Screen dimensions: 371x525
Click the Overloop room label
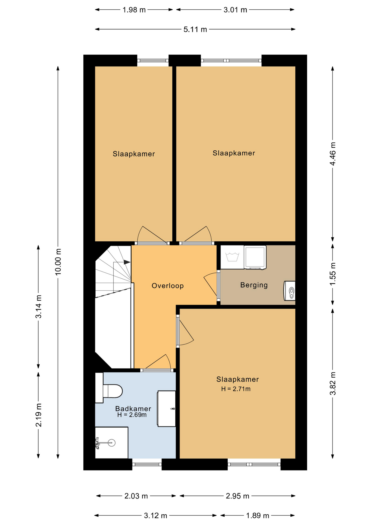click(x=167, y=286)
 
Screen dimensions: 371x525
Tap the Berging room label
click(x=254, y=285)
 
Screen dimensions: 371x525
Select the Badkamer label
click(x=133, y=409)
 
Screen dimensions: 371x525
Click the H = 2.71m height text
click(x=236, y=389)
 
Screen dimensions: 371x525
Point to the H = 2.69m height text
click(x=132, y=415)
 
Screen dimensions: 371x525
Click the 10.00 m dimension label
click(x=58, y=262)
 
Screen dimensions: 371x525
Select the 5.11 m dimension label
click(x=195, y=29)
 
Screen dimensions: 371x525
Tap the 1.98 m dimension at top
click(x=134, y=10)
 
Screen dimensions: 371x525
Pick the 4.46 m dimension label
click(x=332, y=154)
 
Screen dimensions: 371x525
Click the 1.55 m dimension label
click(x=332, y=274)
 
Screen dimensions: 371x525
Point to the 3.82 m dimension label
click(x=332, y=384)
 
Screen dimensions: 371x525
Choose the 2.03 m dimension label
click(x=136, y=496)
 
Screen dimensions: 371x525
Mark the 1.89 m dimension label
click(x=258, y=516)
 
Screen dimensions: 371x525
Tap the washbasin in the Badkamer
click(x=166, y=409)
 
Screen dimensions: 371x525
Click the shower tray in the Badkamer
click(x=111, y=442)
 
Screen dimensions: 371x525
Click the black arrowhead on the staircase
click(x=127, y=262)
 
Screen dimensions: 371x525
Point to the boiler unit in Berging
click(x=290, y=291)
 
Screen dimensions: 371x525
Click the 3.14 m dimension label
click(x=39, y=307)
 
